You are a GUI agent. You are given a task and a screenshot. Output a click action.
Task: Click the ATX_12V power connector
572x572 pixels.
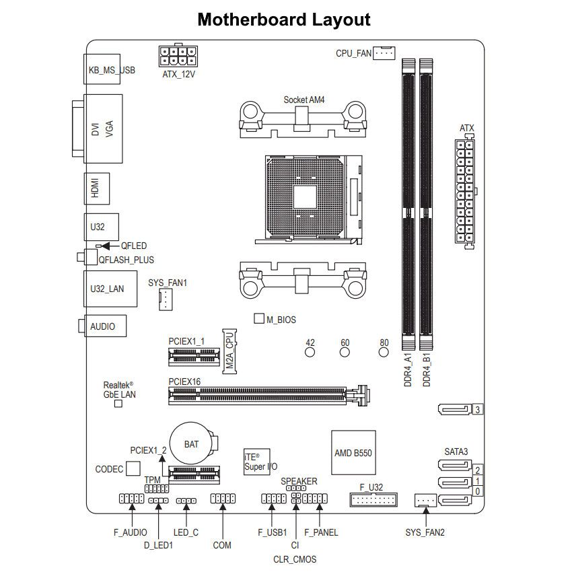[x=178, y=55]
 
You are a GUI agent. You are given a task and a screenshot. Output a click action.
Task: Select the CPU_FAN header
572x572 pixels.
[x=384, y=52]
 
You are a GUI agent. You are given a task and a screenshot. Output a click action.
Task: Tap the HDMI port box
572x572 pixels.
[x=96, y=190]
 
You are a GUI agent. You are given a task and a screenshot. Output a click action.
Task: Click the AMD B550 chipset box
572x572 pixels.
[x=353, y=452]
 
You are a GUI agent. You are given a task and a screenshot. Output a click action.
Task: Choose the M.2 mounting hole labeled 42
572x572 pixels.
[x=310, y=351]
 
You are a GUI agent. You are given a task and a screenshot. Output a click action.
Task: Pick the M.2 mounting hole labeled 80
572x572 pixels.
[x=384, y=351]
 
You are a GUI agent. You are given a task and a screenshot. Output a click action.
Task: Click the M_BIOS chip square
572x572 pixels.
[x=259, y=318]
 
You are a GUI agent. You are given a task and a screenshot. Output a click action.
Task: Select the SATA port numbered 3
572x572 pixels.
[x=456, y=409]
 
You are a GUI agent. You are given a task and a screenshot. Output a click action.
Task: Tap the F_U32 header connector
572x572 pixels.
[x=373, y=499]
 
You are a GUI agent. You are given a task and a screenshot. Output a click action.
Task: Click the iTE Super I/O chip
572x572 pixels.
[x=257, y=461]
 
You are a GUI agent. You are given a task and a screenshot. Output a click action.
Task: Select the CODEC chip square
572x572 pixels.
[x=133, y=468]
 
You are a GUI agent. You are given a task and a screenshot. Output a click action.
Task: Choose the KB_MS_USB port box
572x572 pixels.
[x=102, y=69]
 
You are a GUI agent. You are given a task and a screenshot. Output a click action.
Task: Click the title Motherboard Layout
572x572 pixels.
[x=285, y=20]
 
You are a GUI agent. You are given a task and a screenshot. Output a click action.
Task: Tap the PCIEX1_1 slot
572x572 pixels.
[x=194, y=356]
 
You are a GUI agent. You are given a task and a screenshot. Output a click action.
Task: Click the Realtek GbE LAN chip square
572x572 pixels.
[x=118, y=404]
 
